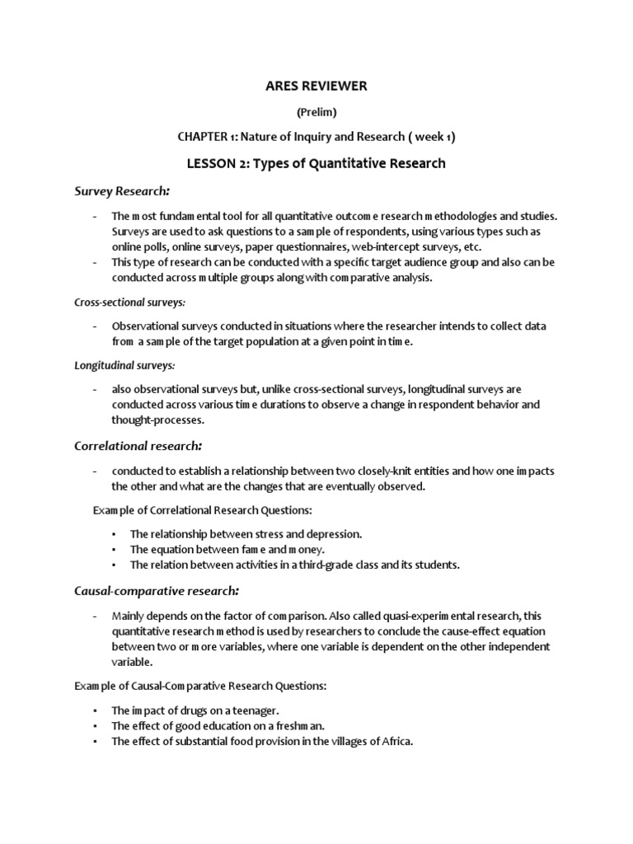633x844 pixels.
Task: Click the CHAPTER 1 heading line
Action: [x=316, y=137]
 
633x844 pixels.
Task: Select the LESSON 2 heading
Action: [x=316, y=163]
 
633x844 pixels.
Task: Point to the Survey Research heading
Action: [x=122, y=191]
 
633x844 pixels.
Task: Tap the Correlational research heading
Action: [x=138, y=446]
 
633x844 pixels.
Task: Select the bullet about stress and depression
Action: [x=246, y=534]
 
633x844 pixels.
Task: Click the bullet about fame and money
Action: [x=227, y=549]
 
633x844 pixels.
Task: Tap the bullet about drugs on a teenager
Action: [x=201, y=710]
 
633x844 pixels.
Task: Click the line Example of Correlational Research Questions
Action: [x=202, y=510]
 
